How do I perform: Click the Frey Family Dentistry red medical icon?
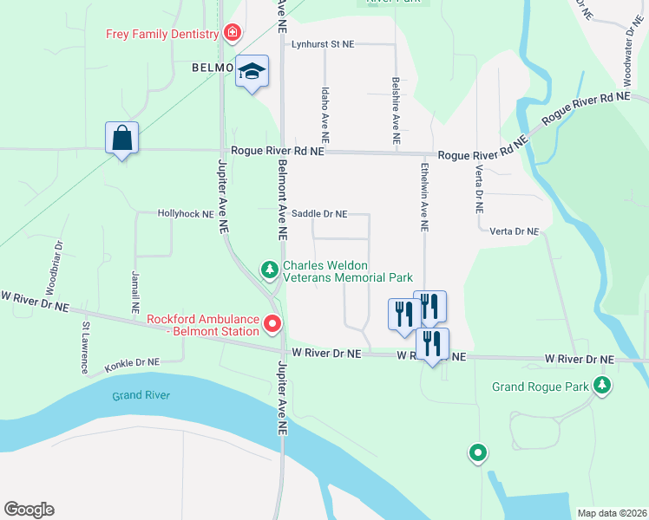pos(232,34)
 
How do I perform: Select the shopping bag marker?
pos(121,137)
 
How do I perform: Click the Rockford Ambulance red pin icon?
pos(272,324)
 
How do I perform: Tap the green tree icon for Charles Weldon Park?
pos(270,271)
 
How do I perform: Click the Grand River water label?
pos(141,396)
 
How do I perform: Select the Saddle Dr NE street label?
pos(319,213)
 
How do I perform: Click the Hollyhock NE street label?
pos(185,213)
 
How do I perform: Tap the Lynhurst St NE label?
pos(323,43)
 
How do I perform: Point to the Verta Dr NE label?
pos(514,231)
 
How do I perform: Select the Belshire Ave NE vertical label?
pos(396,110)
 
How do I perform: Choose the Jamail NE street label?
pos(135,291)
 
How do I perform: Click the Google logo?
pos(29,510)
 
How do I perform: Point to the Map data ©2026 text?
pos(611,513)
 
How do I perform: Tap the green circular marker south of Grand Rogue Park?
pos(477,452)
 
